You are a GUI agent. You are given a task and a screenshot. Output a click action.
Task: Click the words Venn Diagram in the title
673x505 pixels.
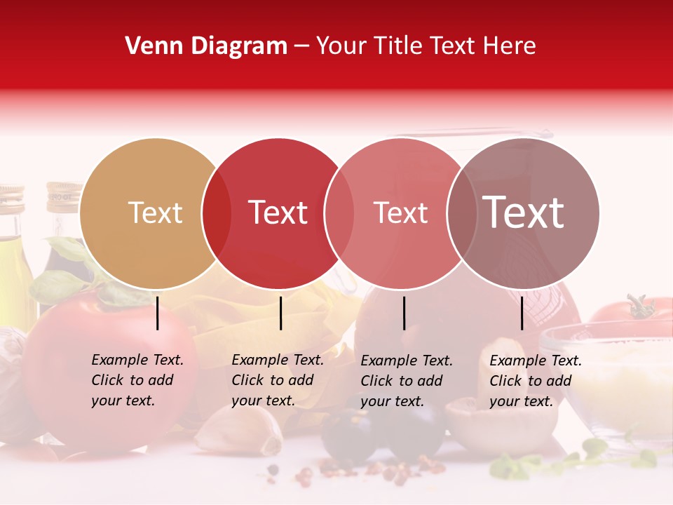click(206, 46)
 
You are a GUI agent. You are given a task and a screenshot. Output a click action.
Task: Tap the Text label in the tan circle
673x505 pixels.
click(155, 213)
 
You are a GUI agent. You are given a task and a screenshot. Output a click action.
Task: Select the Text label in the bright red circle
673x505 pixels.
click(278, 213)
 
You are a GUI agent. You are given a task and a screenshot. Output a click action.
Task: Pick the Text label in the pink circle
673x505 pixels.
click(400, 213)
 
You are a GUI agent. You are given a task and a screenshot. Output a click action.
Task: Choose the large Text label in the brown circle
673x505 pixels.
click(524, 213)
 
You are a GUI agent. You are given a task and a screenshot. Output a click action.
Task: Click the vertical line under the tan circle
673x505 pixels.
click(158, 313)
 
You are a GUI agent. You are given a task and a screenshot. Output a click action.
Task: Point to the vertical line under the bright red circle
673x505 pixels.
click(280, 313)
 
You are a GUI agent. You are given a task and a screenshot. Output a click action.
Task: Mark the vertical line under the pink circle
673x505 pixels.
click(404, 313)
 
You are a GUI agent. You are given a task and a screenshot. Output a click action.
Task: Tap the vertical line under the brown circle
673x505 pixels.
click(522, 313)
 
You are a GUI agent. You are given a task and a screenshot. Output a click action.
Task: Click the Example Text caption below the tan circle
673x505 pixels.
click(137, 380)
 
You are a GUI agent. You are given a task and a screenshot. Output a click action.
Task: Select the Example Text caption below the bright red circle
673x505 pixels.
click(277, 380)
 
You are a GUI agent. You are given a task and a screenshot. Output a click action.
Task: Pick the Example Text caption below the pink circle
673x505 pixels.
click(406, 381)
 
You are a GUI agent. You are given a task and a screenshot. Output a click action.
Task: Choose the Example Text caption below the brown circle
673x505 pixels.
click(535, 381)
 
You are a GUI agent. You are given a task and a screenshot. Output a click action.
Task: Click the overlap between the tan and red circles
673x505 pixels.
click(217, 214)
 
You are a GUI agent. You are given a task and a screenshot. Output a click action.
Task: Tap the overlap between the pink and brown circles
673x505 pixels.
click(462, 214)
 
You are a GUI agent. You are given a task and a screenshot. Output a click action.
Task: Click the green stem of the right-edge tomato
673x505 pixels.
click(639, 307)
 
